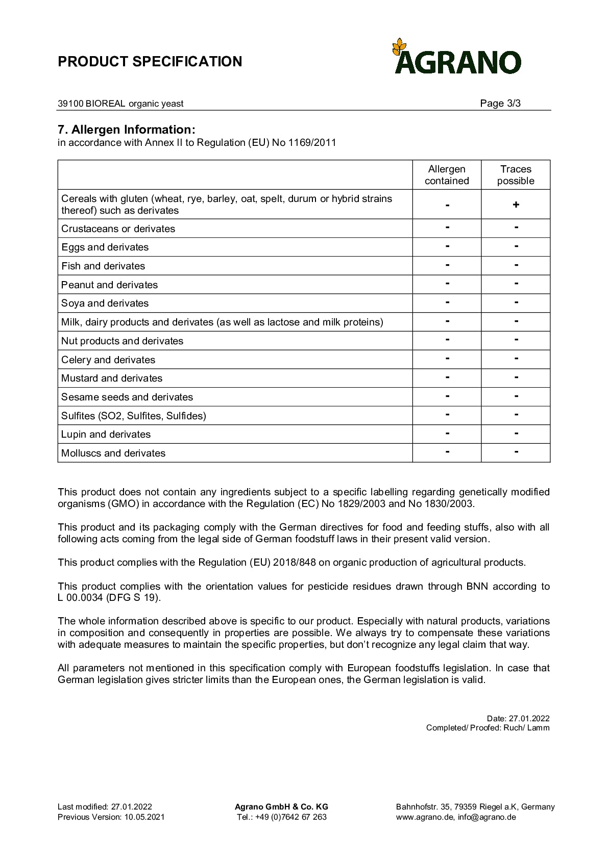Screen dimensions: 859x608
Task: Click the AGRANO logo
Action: point(457,57)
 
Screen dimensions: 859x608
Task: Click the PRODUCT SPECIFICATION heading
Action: point(150,62)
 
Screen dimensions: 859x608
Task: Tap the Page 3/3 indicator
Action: point(500,104)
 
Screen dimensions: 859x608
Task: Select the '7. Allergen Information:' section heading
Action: point(127,130)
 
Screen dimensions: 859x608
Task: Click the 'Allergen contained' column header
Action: point(447,175)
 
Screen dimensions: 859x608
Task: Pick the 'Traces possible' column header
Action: point(516,175)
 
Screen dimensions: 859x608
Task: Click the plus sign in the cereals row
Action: point(516,205)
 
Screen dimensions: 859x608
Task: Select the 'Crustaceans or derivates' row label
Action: point(118,229)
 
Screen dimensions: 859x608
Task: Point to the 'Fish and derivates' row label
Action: point(103,266)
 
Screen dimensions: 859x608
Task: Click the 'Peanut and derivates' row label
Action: point(109,285)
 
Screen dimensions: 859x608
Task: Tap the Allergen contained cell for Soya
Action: point(447,303)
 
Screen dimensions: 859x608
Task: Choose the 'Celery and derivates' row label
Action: point(108,360)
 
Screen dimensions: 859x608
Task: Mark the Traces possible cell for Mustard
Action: point(516,378)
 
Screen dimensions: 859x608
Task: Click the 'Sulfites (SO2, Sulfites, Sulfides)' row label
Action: point(134,416)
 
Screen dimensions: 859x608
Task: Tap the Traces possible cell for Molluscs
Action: point(516,452)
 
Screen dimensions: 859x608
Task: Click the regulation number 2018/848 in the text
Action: point(295,563)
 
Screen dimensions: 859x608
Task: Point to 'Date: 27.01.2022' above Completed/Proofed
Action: point(518,719)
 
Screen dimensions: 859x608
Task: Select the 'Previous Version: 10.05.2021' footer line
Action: point(111,817)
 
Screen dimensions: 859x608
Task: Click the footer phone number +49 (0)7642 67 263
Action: point(282,817)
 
